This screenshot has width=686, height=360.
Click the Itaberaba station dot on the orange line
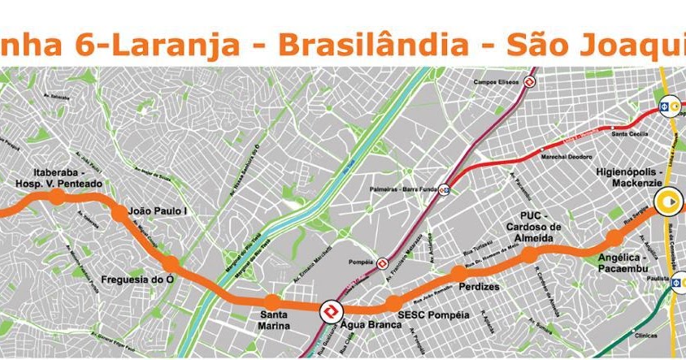[56, 196]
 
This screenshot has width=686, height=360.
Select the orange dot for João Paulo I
[119, 214]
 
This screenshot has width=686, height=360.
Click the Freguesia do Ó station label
[134, 281]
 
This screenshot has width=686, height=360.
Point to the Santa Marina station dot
[271, 302]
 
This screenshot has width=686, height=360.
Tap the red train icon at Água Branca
[331, 312]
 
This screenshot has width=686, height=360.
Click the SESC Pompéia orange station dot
[393, 304]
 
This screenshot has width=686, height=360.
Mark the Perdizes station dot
[458, 273]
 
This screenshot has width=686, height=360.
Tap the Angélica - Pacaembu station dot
[615, 238]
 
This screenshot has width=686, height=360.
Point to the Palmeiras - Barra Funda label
[400, 192]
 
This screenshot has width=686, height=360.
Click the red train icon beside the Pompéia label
[383, 262]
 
